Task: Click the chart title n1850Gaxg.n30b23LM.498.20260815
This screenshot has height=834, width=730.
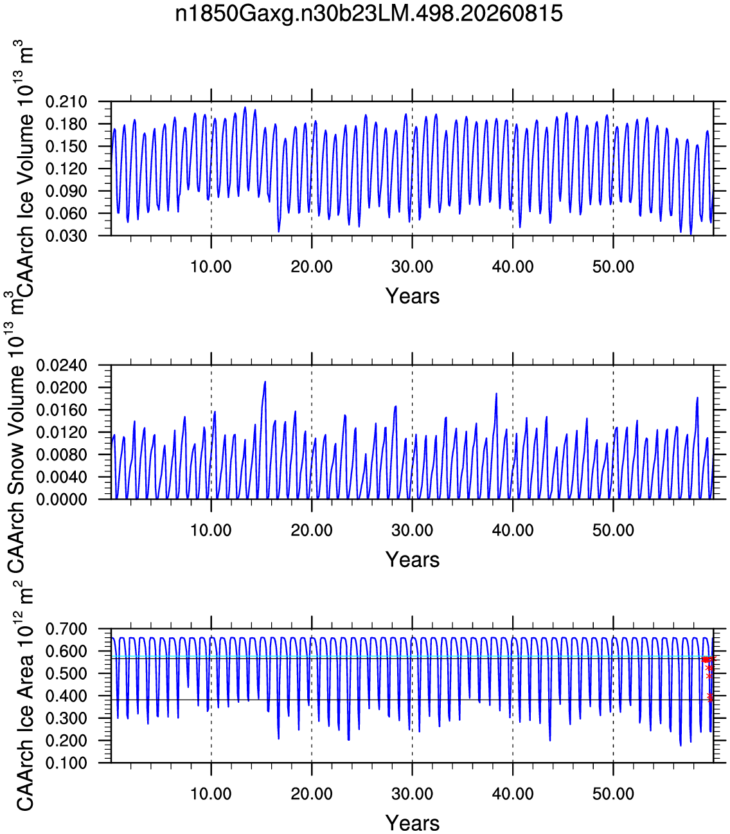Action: [369, 14]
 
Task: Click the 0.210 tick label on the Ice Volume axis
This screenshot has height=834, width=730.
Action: [66, 102]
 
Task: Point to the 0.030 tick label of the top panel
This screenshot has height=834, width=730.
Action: [66, 235]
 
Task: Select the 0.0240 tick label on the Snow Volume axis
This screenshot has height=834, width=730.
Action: [62, 366]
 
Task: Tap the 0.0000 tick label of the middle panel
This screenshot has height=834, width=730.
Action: [62, 500]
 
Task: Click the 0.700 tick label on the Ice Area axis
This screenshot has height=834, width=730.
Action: [66, 629]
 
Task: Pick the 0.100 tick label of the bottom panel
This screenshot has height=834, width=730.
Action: [66, 763]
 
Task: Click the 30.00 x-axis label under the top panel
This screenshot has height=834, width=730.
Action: [413, 267]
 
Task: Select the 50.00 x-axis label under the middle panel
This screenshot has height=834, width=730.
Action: [613, 530]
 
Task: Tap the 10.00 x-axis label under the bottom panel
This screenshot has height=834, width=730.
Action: [211, 794]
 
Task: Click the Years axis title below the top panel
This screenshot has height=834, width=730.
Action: [413, 296]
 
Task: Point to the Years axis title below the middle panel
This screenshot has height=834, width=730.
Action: [413, 559]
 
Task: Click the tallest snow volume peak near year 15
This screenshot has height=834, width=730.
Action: [265, 383]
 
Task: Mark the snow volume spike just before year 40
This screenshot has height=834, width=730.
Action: [496, 394]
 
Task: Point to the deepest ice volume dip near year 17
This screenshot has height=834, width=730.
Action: [279, 231]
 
